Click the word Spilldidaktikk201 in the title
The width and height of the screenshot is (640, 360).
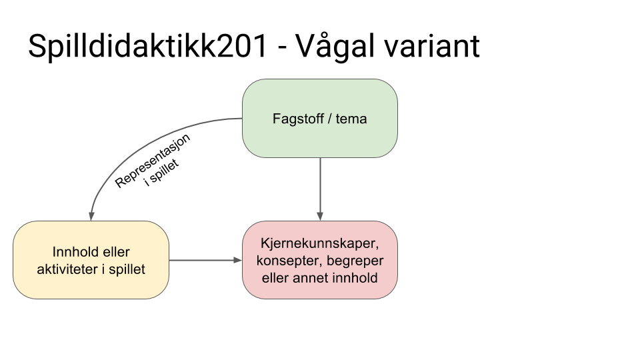pyautogui.click(x=148, y=47)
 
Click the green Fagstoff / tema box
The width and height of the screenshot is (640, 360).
pyautogui.click(x=320, y=119)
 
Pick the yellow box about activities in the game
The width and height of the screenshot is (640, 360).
pyautogui.click(x=91, y=260)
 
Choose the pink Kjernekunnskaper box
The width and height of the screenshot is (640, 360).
pyautogui.click(x=320, y=260)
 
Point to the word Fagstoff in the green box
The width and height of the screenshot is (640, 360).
pyautogui.click(x=299, y=119)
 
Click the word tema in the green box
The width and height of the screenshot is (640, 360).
pyautogui.click(x=351, y=119)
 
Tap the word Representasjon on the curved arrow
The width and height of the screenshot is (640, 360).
pyautogui.click(x=153, y=161)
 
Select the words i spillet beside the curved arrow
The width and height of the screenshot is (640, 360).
pyautogui.click(x=162, y=173)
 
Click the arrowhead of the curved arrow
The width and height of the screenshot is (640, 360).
pyautogui.click(x=91, y=216)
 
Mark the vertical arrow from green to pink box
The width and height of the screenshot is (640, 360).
pyautogui.click(x=320, y=189)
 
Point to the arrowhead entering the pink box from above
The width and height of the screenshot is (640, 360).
pyautogui.click(x=320, y=216)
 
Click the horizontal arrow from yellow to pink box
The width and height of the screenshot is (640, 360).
pyautogui.click(x=206, y=260)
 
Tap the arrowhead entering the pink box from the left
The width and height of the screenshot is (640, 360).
pyautogui.click(x=238, y=260)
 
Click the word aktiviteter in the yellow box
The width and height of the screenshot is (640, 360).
pyautogui.click(x=67, y=269)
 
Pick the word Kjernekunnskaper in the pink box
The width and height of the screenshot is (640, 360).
pyautogui.click(x=320, y=243)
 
